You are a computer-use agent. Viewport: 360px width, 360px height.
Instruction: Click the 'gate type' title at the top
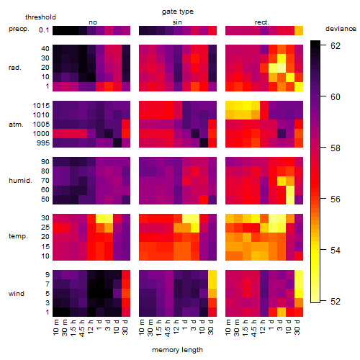[178, 12]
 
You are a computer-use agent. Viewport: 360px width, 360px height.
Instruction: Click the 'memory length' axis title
[177, 350]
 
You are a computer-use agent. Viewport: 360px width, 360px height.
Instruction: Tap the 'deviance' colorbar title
[341, 29]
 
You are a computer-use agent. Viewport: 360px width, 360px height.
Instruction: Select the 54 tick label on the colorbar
[336, 251]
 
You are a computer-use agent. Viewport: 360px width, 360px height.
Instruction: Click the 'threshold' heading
[40, 17]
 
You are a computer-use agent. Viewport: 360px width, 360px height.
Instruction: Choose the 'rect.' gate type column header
[262, 22]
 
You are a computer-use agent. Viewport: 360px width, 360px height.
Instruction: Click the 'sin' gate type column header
[177, 22]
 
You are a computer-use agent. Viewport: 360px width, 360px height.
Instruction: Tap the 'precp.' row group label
[19, 30]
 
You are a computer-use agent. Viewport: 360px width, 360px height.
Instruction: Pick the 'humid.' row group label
[20, 181]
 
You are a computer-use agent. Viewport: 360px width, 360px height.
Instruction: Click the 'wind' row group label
[17, 294]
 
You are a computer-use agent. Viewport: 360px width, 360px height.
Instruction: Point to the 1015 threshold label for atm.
[41, 106]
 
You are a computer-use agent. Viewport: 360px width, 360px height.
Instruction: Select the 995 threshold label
[43, 143]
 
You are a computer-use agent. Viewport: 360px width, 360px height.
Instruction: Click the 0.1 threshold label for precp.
[44, 30]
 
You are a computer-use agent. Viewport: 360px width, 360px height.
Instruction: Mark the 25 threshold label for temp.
[45, 228]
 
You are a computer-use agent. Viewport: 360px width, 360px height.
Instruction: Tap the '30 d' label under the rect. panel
[297, 327]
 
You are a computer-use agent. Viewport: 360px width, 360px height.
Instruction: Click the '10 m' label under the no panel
[55, 327]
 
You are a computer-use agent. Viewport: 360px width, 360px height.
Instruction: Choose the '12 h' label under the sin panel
[176, 327]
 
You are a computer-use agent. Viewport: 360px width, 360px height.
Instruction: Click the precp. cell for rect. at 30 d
[299, 31]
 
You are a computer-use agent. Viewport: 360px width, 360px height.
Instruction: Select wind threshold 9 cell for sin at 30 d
[212, 274]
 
